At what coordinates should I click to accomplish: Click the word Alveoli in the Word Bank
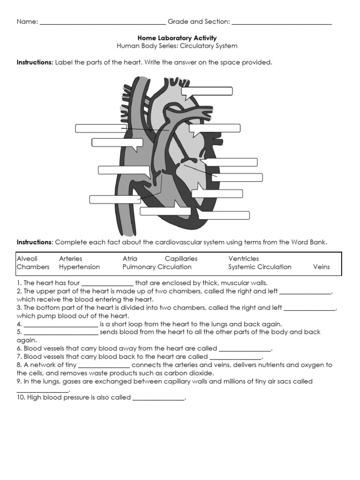[27, 259]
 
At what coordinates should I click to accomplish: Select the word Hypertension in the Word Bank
[79, 267]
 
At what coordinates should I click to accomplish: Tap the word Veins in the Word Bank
[321, 267]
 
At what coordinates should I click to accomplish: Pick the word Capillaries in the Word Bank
[181, 259]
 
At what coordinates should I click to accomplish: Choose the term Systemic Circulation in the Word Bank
[260, 267]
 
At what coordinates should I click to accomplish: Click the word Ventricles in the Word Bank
[243, 259]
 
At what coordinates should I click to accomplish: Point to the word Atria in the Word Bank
[130, 259]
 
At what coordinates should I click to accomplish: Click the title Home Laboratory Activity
[177, 38]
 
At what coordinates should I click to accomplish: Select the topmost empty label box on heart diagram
[207, 91]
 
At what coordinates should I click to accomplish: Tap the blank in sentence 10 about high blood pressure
[158, 399]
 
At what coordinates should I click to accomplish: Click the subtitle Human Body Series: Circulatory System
[177, 46]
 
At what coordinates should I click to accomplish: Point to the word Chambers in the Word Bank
[33, 267]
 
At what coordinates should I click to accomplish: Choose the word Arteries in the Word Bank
[70, 259]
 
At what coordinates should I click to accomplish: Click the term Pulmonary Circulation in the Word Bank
[157, 267]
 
